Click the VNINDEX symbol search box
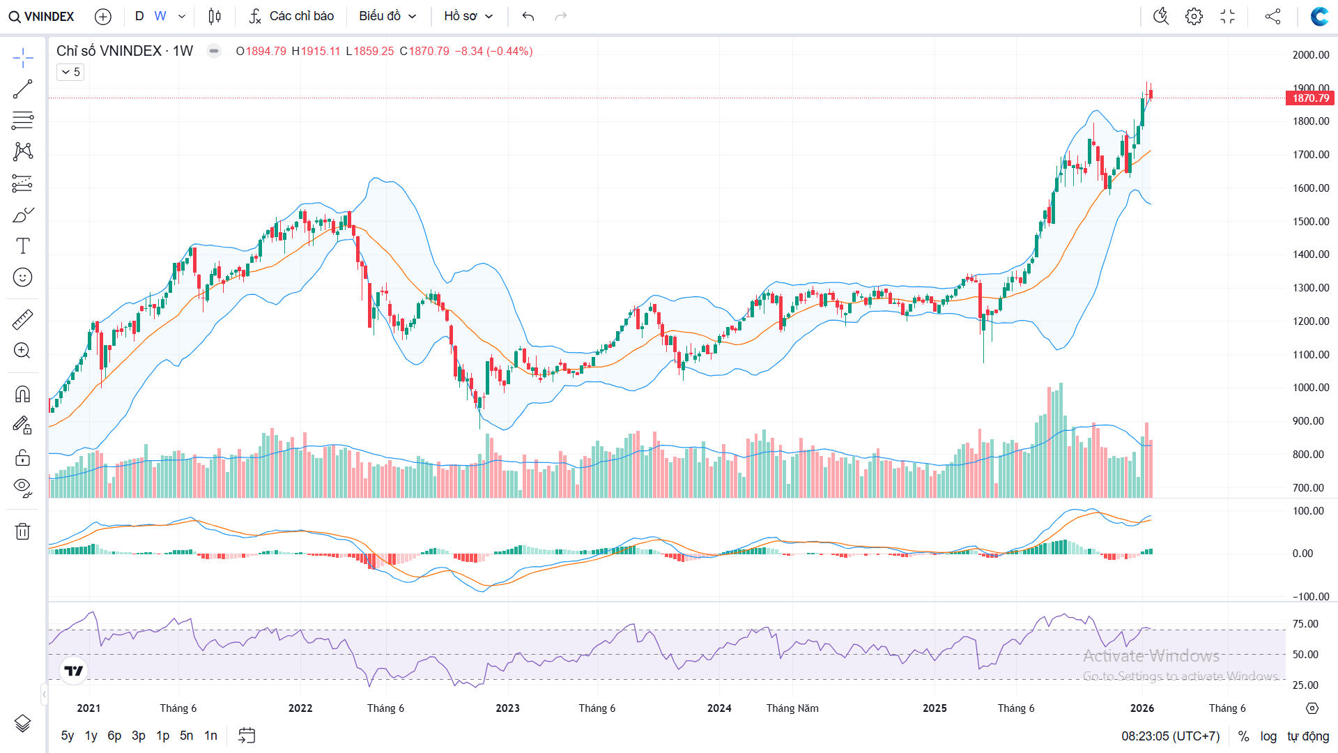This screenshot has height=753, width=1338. pyautogui.click(x=42, y=16)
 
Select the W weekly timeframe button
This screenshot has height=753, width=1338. pyautogui.click(x=160, y=16)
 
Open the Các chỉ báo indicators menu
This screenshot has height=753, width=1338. pyautogui.click(x=292, y=16)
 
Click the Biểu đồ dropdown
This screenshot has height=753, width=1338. pyautogui.click(x=387, y=16)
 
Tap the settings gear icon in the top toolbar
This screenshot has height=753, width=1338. pyautogui.click(x=1194, y=16)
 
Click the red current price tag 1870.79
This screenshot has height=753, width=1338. pyautogui.click(x=1310, y=98)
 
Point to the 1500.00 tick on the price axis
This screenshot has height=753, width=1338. pyautogui.click(x=1311, y=222)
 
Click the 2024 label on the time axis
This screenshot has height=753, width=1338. pyautogui.click(x=719, y=708)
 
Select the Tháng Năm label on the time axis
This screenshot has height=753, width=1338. pyautogui.click(x=792, y=708)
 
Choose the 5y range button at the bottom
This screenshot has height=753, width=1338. pyautogui.click(x=68, y=736)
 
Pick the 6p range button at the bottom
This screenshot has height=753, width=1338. pyautogui.click(x=114, y=736)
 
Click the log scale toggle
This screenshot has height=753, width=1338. pyautogui.click(x=1268, y=736)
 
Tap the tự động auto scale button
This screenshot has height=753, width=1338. pyautogui.click(x=1308, y=736)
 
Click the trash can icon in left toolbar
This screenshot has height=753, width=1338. pyautogui.click(x=22, y=532)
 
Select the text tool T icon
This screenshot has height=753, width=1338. pyautogui.click(x=22, y=246)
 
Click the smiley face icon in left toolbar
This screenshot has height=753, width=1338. pyautogui.click(x=22, y=277)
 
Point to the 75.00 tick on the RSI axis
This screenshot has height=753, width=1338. pyautogui.click(x=1305, y=624)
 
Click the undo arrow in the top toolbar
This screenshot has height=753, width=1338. pyautogui.click(x=528, y=16)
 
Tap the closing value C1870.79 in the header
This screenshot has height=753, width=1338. pyautogui.click(x=424, y=51)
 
